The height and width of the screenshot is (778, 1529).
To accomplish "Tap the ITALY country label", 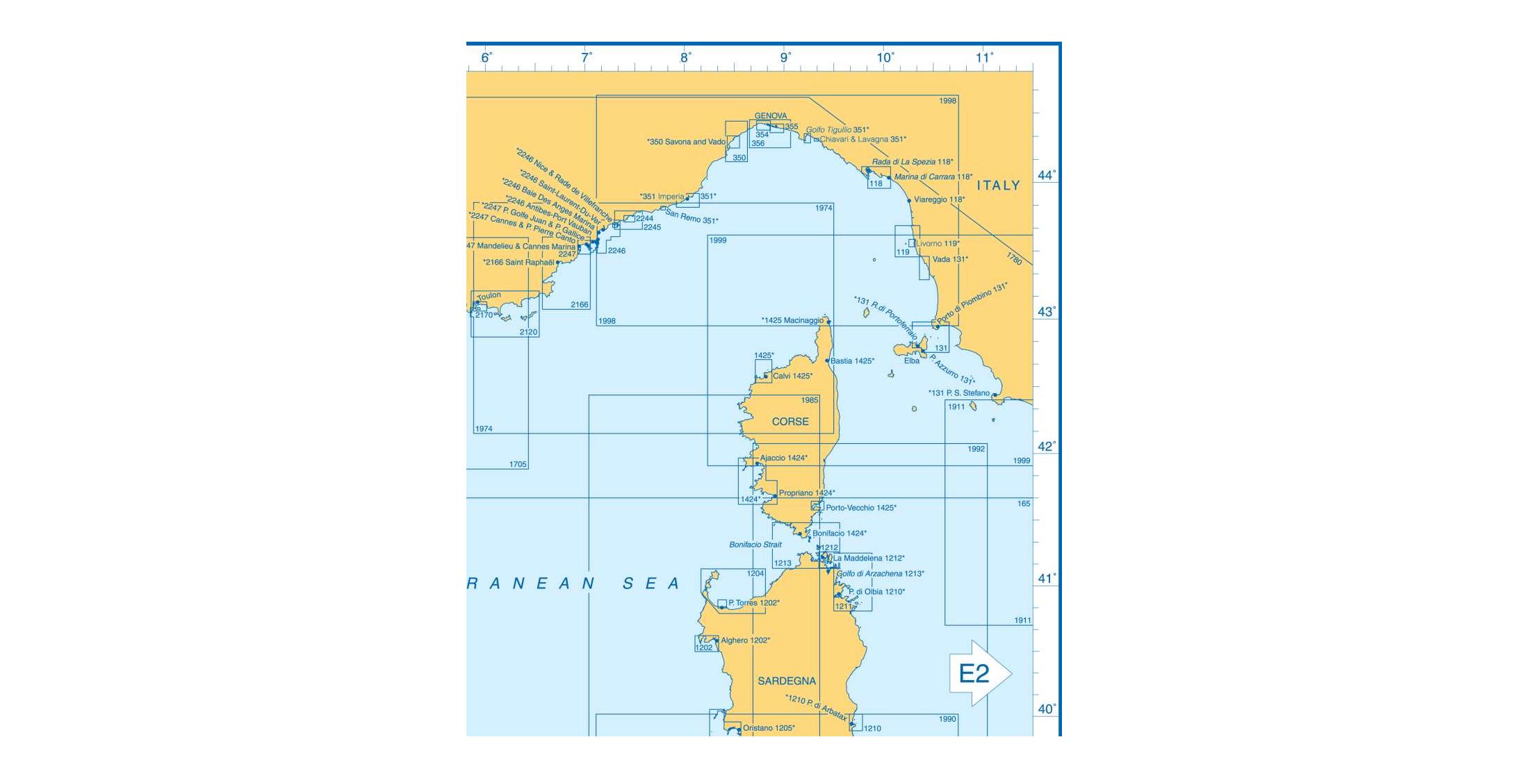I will [x=998, y=185].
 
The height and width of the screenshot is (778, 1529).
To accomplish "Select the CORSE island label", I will [x=790, y=422].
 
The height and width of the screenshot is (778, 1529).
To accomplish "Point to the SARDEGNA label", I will [x=787, y=681].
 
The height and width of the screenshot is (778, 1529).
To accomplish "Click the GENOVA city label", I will [x=771, y=116].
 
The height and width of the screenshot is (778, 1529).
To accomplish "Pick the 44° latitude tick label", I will [x=1046, y=175].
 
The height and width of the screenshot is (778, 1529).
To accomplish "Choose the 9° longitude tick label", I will [x=785, y=58].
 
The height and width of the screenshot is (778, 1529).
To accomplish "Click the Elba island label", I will [x=912, y=361].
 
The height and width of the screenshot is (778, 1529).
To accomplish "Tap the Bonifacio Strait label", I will [x=755, y=545].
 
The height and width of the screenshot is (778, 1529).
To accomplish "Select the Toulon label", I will [x=489, y=296].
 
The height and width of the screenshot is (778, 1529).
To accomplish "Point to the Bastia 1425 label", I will [x=853, y=361].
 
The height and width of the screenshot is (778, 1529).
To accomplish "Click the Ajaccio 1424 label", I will [x=784, y=458].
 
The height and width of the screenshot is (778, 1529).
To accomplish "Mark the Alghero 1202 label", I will [x=746, y=640].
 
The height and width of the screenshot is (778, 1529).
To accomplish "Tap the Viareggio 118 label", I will [x=940, y=200].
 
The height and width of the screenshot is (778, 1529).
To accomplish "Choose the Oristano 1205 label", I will [x=769, y=729].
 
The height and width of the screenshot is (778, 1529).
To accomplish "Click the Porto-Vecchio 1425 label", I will [x=861, y=508].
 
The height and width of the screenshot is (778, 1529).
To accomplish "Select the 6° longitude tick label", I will [x=486, y=58].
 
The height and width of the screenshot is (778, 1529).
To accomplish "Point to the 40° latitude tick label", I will [x=1046, y=709].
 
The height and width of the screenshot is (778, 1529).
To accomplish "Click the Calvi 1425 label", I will [x=793, y=376].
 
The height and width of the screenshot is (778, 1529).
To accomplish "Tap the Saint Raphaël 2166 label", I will [x=519, y=263].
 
